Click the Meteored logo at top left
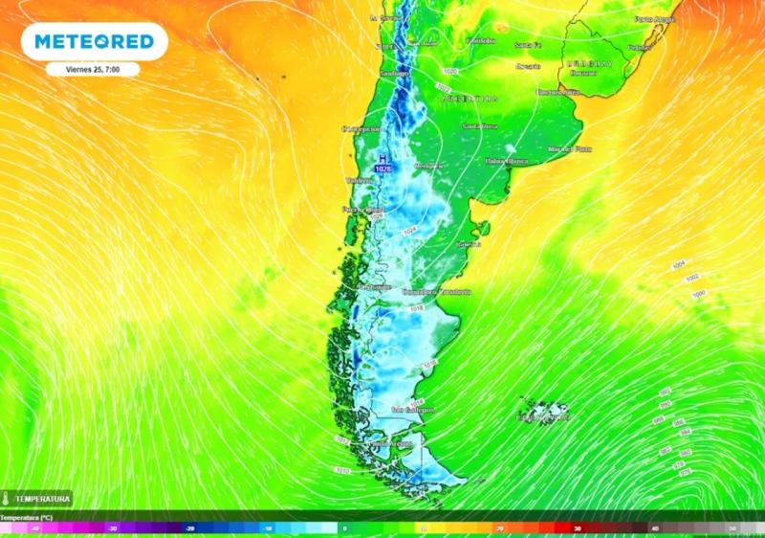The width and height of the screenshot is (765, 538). [94, 41]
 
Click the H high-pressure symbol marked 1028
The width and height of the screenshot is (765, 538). [383, 164]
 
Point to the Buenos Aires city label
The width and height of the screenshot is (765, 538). [558, 92]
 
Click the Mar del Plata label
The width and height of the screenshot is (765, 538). [564, 148]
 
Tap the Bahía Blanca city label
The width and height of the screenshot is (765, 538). [506, 161]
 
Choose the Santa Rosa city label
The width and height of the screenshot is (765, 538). [480, 125]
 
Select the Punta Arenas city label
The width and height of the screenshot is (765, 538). [390, 443]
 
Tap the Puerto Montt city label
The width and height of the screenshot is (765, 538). [361, 209]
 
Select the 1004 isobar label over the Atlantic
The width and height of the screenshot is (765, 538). [679, 263]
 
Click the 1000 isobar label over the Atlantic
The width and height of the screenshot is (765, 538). [698, 294]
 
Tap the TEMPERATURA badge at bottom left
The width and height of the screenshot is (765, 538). [36, 499]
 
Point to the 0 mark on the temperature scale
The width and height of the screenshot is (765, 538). [344, 527]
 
